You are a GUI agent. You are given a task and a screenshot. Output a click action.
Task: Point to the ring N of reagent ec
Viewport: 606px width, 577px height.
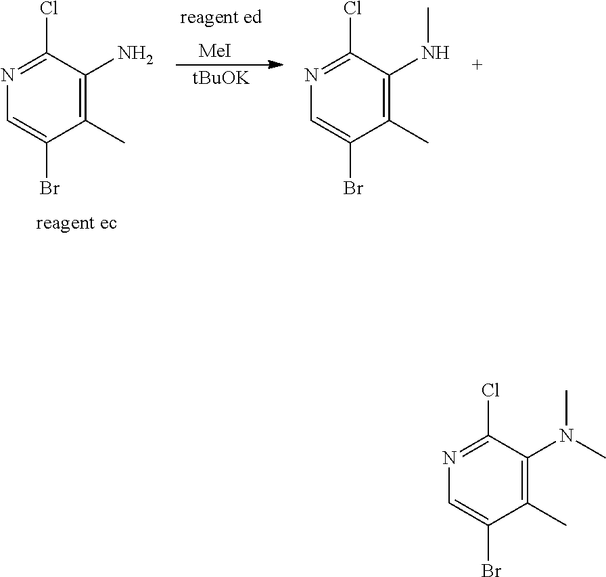tap(7, 74)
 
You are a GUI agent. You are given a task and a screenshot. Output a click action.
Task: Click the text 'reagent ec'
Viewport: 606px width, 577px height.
tap(76, 223)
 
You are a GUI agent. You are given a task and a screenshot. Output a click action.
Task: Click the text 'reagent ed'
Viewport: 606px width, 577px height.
tap(220, 18)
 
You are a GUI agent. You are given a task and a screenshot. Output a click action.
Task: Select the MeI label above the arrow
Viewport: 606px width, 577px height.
tap(216, 51)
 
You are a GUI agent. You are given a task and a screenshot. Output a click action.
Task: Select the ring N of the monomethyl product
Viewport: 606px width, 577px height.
tap(311, 74)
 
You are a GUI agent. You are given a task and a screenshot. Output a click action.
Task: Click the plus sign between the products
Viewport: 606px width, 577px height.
tap(477, 66)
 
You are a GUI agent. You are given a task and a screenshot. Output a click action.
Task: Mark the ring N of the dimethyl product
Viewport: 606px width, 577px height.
tap(449, 458)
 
